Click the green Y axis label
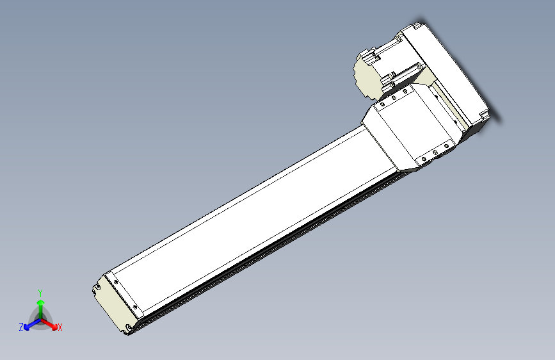40,292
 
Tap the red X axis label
60,328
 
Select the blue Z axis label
21,327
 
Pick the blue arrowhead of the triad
28,325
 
